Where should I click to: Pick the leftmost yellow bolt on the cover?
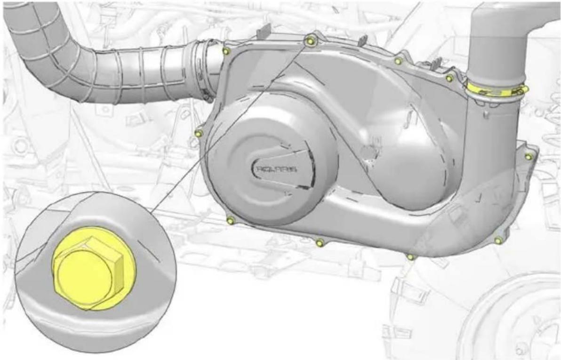click(199, 134)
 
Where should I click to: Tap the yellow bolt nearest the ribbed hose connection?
click(226, 52)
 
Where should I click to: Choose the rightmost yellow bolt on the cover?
click(528, 156)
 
